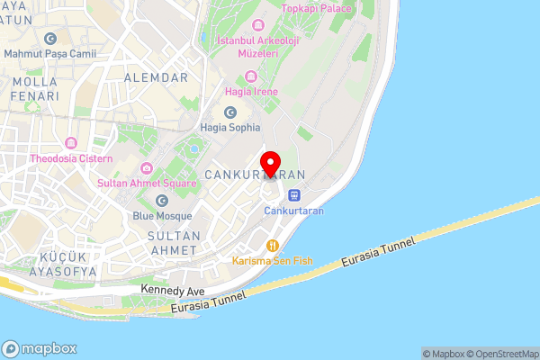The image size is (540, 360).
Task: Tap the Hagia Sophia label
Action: point(229,127)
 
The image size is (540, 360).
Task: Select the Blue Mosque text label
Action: point(162,216)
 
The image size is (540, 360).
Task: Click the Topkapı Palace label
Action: point(316,8)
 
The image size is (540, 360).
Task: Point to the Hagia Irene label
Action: point(253,92)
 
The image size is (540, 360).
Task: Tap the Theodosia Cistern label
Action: point(71,159)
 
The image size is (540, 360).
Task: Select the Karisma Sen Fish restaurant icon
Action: point(271,244)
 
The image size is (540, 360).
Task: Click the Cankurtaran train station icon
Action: point(293,194)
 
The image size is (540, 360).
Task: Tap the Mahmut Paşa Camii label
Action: point(49,54)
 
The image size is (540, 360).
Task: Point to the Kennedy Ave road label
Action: point(174,291)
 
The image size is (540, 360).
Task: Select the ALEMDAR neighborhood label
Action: point(157,77)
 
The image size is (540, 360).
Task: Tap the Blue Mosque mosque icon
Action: point(162,201)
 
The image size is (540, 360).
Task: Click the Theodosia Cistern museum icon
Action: point(71,144)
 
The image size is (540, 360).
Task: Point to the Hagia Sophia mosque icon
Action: point(229,112)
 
